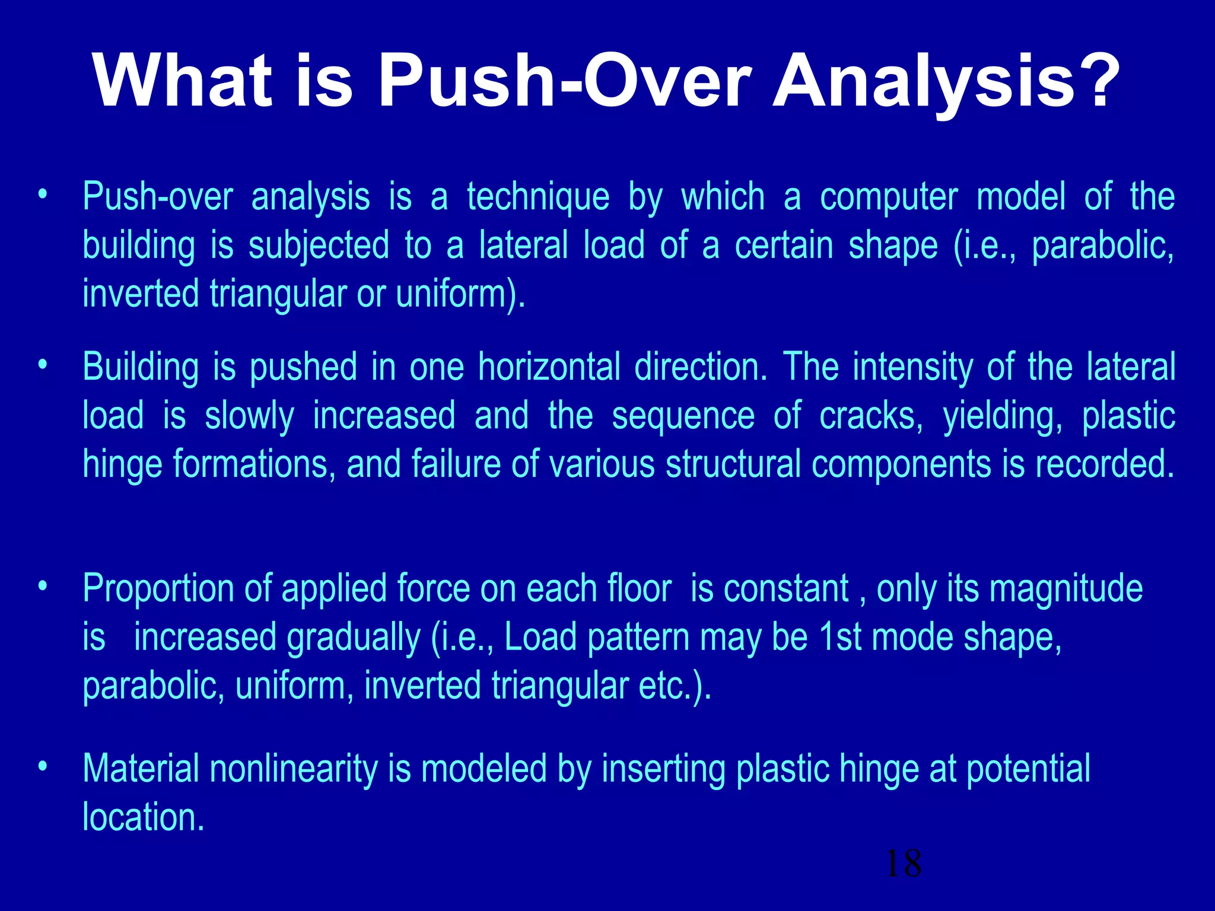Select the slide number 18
903,864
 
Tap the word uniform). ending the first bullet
460,295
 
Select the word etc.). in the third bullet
675,686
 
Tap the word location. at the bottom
144,817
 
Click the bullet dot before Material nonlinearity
42,766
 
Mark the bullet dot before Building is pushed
42,364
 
